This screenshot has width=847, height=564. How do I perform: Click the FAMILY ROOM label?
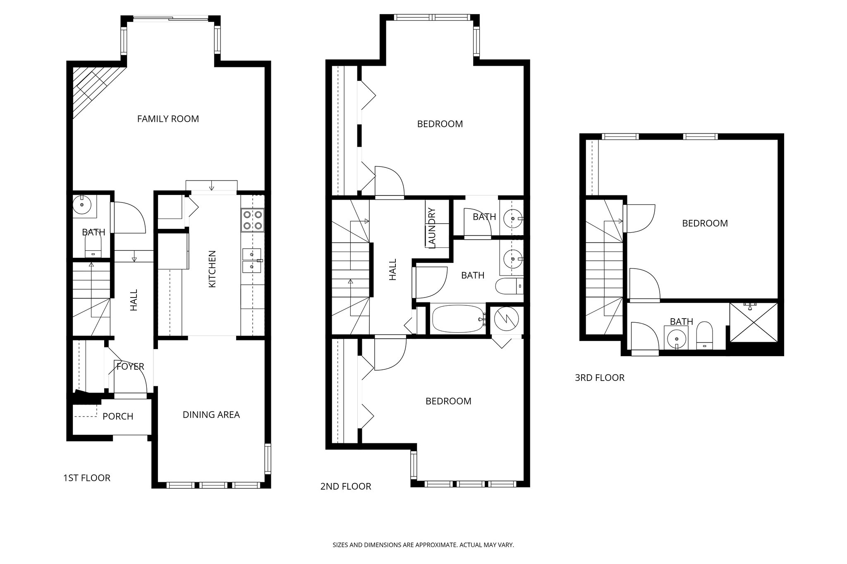coord(168,119)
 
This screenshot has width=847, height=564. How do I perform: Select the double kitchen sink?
coord(252,260)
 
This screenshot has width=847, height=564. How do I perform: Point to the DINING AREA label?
coord(211,415)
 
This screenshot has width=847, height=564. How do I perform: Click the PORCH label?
coord(118,416)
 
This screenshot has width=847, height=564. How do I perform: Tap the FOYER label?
coord(130,366)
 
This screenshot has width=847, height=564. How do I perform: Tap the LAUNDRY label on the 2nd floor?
coord(432,228)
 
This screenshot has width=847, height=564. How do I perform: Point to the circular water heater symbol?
coord(506,319)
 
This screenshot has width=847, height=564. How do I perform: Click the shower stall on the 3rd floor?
coord(754,322)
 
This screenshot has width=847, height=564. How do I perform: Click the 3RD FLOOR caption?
coord(599,378)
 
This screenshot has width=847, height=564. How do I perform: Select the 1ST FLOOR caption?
coord(86,478)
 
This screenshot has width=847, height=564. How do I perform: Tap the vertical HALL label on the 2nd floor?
coord(392,269)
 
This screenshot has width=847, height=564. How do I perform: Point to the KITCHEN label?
coord(212,269)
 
